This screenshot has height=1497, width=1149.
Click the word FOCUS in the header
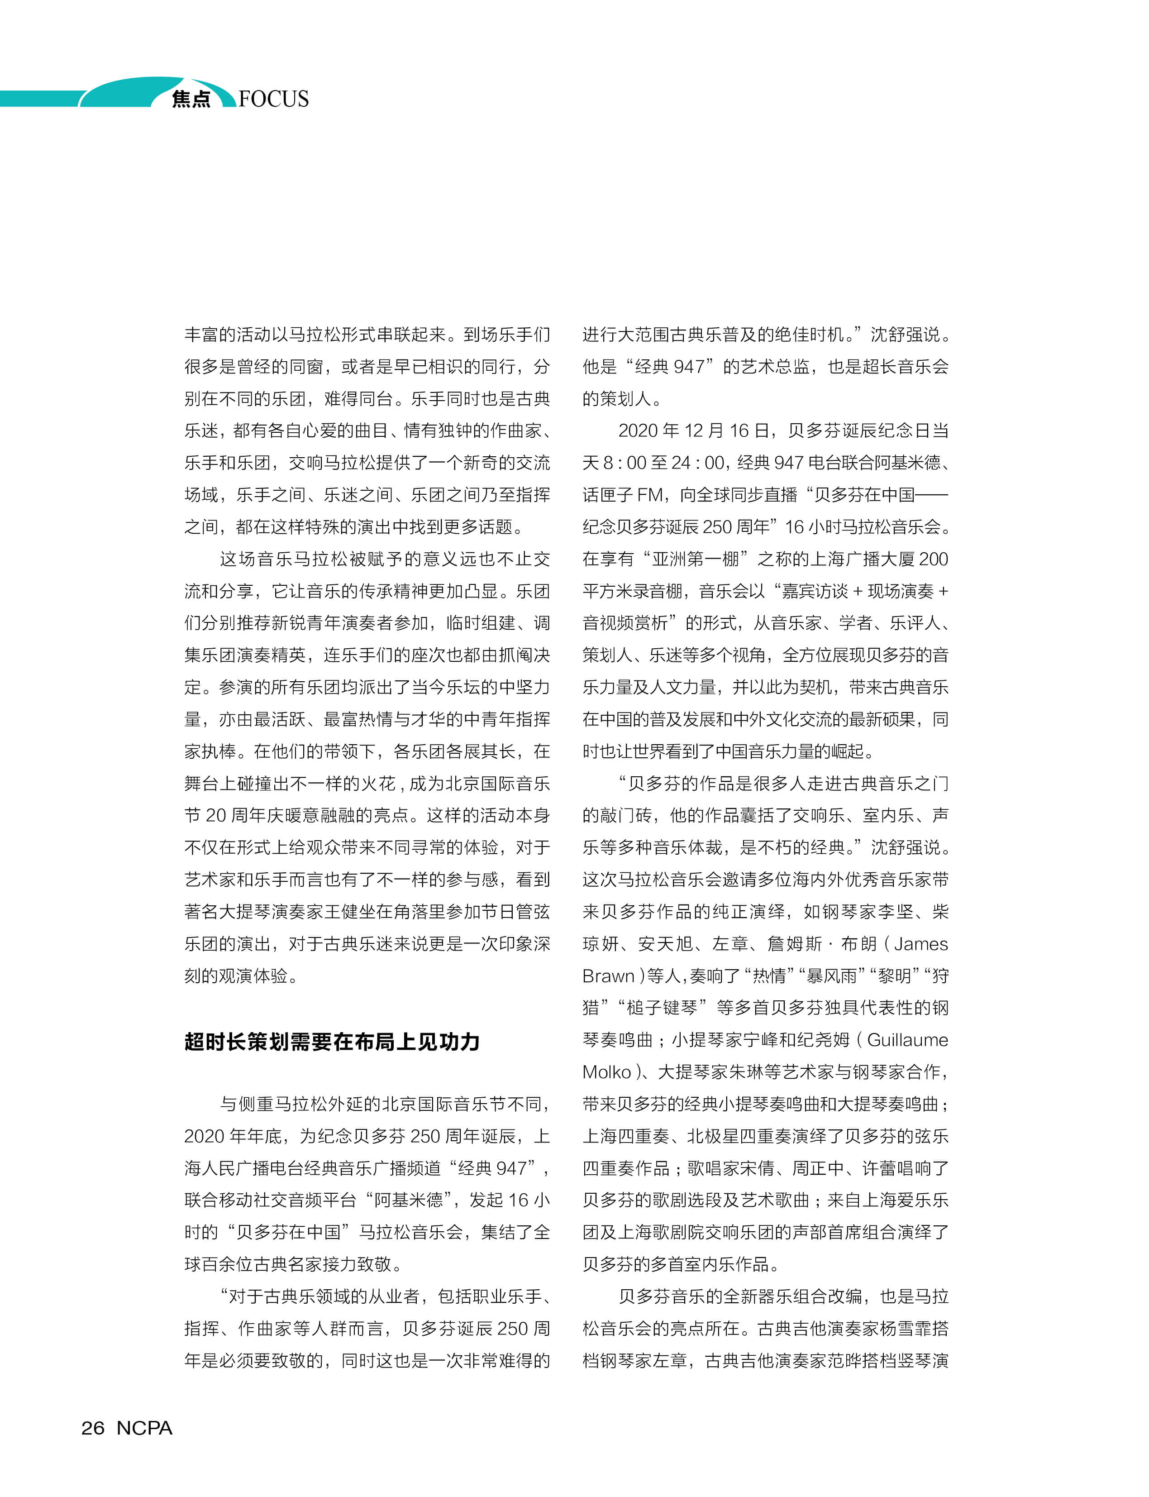pos(274,99)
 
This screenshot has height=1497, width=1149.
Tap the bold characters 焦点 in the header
pos(191,99)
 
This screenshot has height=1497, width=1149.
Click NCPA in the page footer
pos(144,1428)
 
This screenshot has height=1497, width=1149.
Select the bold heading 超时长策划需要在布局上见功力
pos(332,1042)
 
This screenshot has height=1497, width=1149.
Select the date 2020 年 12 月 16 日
pos(693,431)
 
